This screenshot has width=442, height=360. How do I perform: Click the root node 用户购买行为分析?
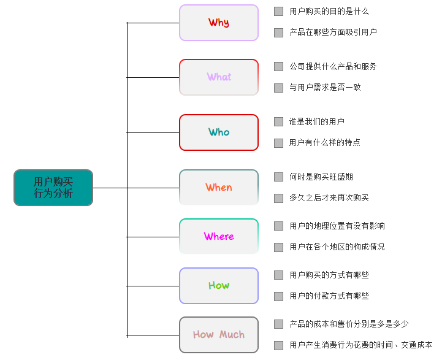coord(53,187)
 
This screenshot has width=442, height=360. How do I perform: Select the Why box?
coord(219,23)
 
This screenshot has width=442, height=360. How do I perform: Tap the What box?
coord(219,77)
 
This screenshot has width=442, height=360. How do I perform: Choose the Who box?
coord(219,132)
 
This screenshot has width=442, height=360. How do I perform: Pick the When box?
coord(219,187)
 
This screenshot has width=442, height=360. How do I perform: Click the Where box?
coord(219,236)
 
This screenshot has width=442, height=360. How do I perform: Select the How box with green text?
coord(219,285)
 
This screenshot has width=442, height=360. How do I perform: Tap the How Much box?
coord(219,335)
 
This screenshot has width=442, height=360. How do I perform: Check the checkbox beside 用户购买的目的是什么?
coord(279,11)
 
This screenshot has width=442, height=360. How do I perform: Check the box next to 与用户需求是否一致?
coord(279,88)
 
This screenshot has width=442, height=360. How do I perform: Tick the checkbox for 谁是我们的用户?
coord(279,121)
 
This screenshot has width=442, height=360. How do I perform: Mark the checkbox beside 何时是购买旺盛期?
coord(279,177)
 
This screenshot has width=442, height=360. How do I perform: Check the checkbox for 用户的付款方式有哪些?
coord(279,296)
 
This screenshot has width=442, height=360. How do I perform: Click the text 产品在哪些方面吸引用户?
coord(333,32)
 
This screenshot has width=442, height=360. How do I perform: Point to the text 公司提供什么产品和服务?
coord(333,66)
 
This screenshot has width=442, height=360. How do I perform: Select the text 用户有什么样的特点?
coord(325,142)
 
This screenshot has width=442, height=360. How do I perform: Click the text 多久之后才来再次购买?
coord(329,197)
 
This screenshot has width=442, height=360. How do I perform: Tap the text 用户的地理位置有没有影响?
coord(337,226)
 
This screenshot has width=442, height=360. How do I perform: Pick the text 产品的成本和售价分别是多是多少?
coord(349,324)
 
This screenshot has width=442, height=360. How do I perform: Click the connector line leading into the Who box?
coord(153,132)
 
